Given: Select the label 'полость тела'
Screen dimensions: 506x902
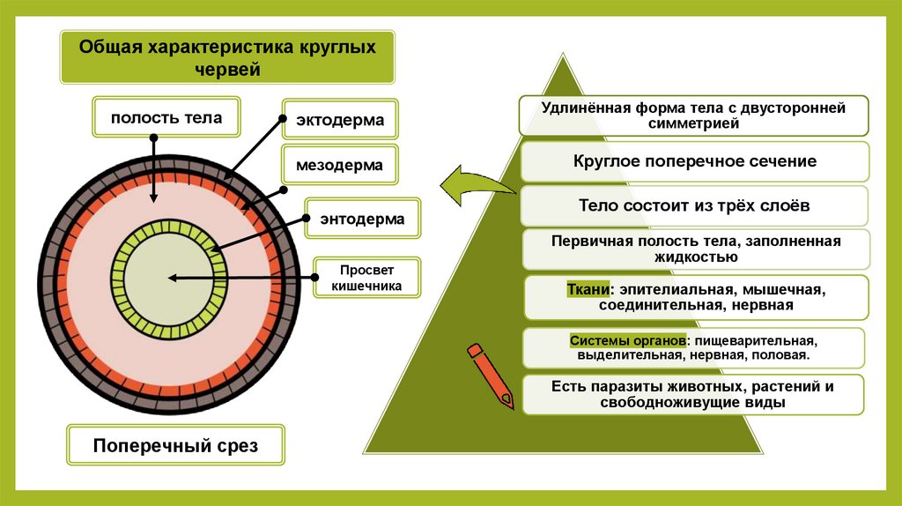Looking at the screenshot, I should [x=166, y=117].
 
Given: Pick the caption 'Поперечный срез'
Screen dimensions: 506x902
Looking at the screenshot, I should [x=176, y=446].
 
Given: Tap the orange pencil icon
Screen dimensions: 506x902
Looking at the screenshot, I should [x=489, y=375].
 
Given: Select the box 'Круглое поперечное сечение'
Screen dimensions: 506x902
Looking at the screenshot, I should [x=695, y=161].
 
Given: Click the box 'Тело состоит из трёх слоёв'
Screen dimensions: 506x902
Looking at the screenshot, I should [x=695, y=205].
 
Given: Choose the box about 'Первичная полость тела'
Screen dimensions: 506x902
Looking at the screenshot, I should [x=695, y=249].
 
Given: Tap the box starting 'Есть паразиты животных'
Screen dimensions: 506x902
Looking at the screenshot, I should [x=695, y=394].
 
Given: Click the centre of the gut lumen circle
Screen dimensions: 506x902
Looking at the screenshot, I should [x=167, y=276].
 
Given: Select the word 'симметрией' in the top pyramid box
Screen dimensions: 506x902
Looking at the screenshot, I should [x=695, y=124].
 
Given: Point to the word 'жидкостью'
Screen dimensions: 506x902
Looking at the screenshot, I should [x=695, y=257].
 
